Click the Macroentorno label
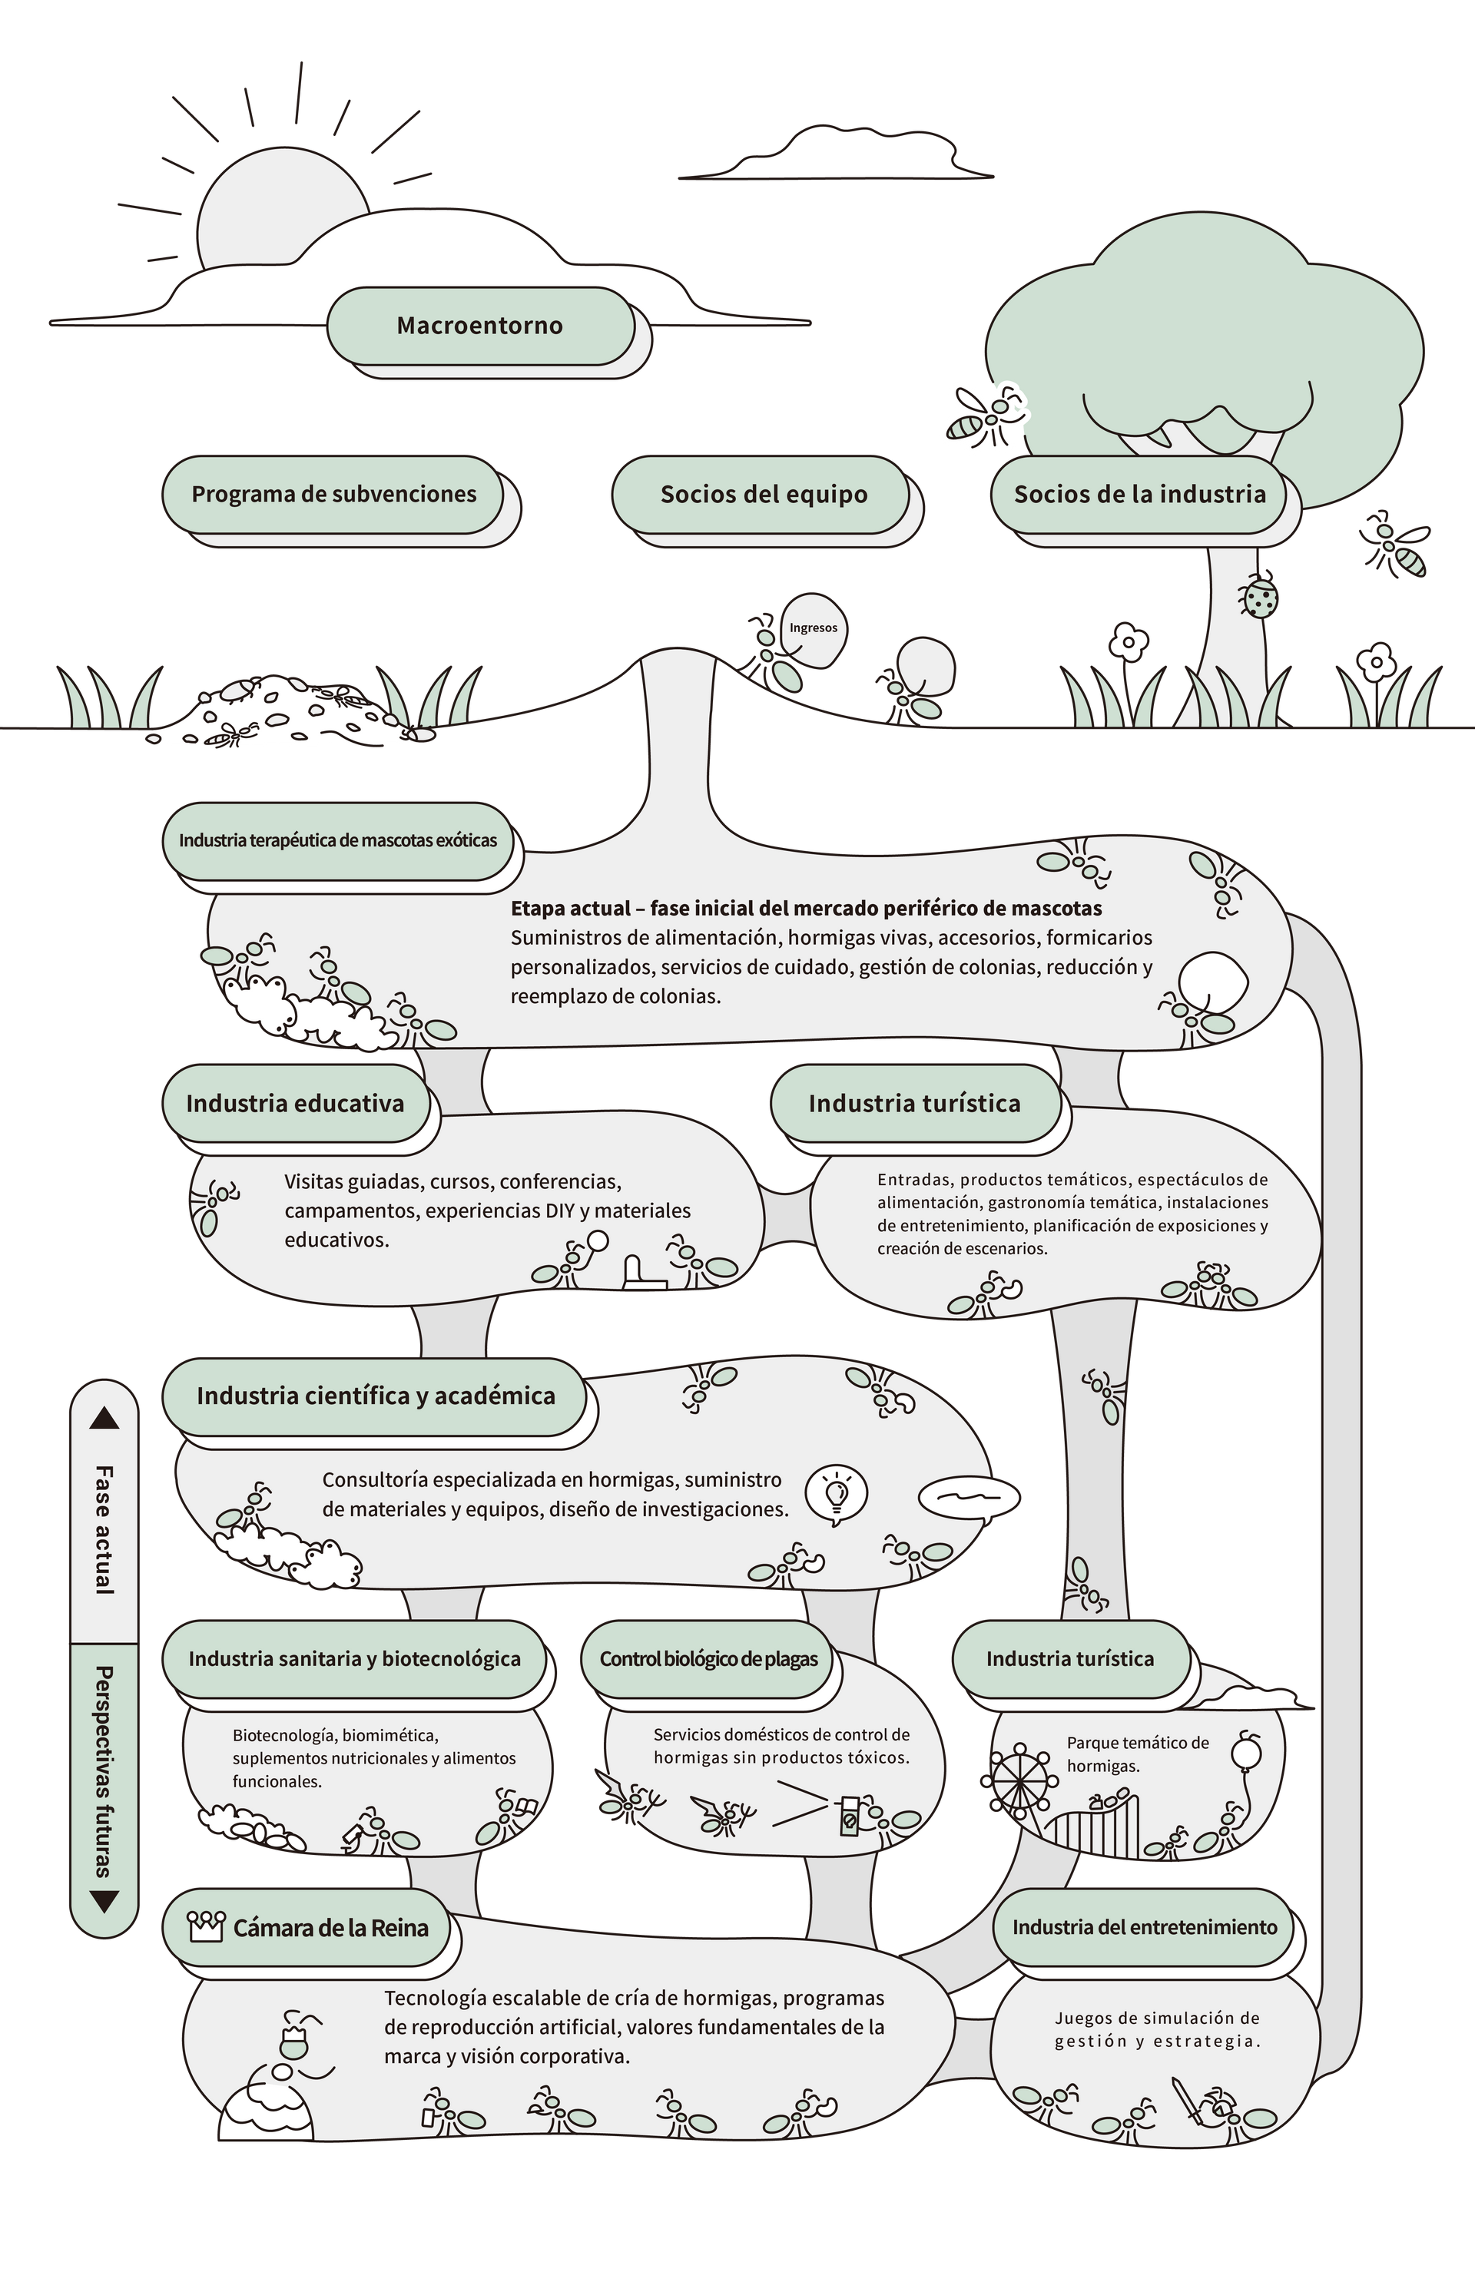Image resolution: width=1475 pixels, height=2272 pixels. point(479,326)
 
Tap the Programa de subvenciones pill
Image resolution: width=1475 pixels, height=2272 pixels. point(333,495)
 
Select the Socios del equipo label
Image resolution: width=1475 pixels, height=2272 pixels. point(764,495)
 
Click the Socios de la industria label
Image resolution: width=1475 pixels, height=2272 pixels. point(1139,495)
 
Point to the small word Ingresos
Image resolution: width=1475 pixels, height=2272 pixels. point(813,628)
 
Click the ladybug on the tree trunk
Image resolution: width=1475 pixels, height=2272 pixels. point(1260,597)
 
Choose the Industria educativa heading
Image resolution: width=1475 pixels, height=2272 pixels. point(295,1104)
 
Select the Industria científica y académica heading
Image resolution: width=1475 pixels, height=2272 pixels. point(375,1396)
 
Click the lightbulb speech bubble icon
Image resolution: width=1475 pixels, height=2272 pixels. point(837,1493)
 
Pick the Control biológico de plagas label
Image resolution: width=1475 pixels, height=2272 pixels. point(708,1659)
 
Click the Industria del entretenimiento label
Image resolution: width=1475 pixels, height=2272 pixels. point(1145,1927)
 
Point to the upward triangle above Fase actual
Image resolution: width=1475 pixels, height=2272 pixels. point(104,1419)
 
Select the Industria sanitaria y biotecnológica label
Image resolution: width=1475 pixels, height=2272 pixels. point(354,1659)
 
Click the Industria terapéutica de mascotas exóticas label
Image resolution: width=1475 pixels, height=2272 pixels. point(338,841)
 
